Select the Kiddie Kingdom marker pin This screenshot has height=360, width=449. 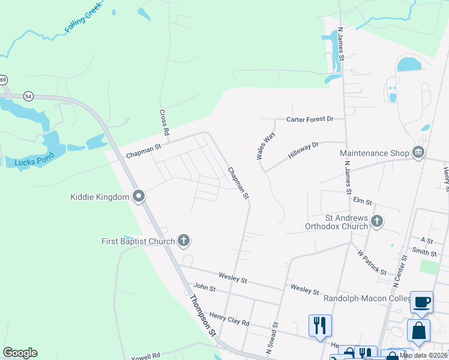pyautogui.click(x=139, y=197)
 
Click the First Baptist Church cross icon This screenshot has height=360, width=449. pyautogui.click(x=184, y=241)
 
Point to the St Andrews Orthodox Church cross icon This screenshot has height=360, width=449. pyautogui.click(x=376, y=222)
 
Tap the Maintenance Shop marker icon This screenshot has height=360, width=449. pyautogui.click(x=418, y=153)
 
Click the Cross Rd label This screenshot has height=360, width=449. pyautogui.click(x=163, y=121)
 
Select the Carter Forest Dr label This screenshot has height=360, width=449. pyautogui.click(x=310, y=119)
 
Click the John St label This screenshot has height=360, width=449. pyautogui.click(x=205, y=288)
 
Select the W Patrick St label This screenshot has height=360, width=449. pyautogui.click(x=372, y=263)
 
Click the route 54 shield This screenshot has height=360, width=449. pyautogui.click(x=28, y=96)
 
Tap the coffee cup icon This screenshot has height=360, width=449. pyautogui.click(x=421, y=302)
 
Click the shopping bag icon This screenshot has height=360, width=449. pyautogui.click(x=418, y=331)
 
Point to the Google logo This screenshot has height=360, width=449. pyautogui.click(x=20, y=353)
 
